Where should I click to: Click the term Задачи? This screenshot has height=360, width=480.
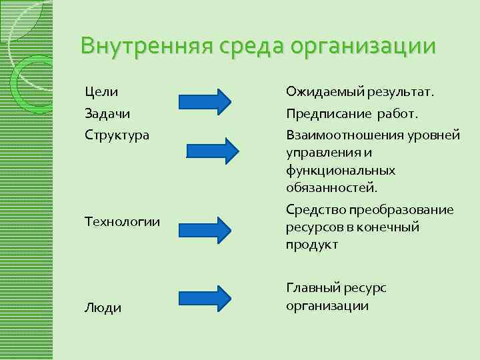click(107, 113)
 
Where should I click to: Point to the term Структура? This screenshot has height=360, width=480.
click(117, 135)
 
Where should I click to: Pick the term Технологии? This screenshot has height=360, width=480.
click(123, 221)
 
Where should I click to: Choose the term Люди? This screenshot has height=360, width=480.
click(103, 307)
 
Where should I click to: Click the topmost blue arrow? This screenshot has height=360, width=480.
click(205, 101)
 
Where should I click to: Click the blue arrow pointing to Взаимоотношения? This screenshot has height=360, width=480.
click(211, 151)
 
